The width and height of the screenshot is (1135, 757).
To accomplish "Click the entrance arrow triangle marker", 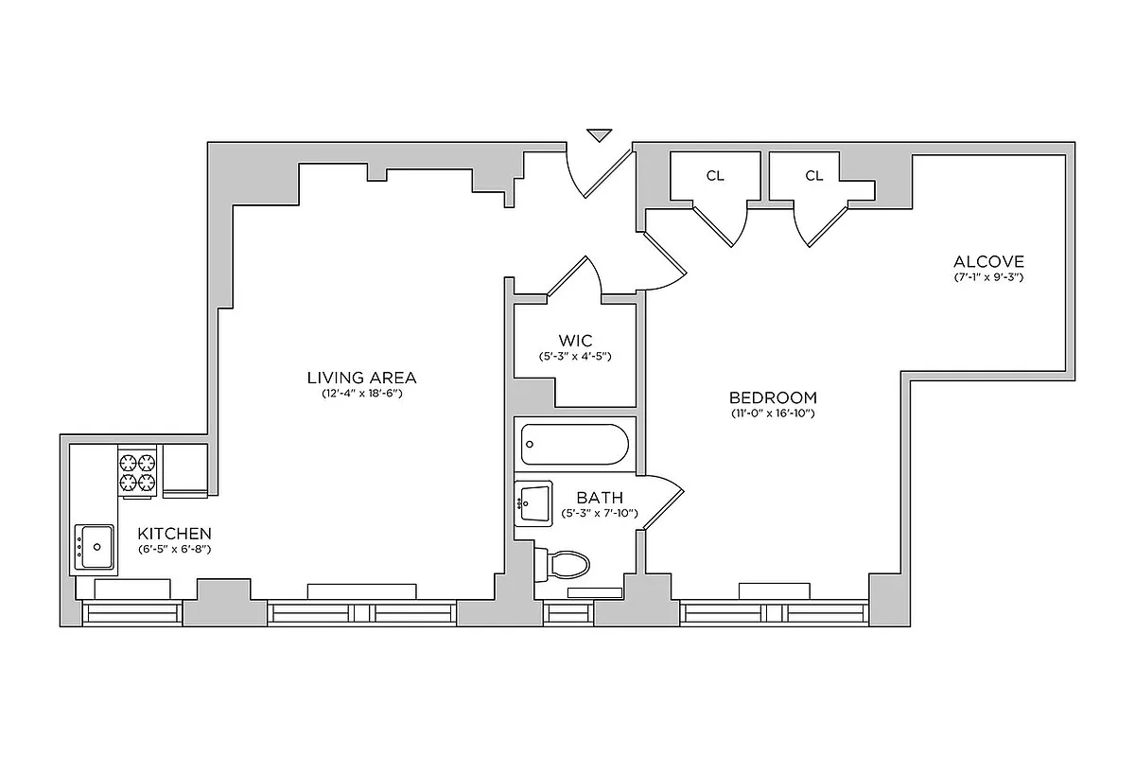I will [x=599, y=135].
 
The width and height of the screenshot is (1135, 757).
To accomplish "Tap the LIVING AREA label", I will [x=361, y=378].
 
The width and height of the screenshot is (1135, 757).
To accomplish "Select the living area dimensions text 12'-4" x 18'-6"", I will [x=361, y=394].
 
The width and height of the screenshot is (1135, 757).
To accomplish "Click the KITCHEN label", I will [x=174, y=534].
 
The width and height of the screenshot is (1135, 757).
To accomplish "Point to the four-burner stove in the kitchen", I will [x=136, y=472].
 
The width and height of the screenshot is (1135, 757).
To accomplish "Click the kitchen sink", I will [x=95, y=548].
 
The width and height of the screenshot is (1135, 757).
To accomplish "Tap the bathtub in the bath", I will [x=574, y=444].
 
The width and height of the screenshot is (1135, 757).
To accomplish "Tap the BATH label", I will [x=600, y=497].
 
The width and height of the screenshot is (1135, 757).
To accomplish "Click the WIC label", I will [x=574, y=340].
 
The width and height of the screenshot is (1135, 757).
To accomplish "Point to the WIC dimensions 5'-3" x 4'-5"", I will [x=574, y=356].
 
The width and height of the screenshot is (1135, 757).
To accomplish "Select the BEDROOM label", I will [x=773, y=397].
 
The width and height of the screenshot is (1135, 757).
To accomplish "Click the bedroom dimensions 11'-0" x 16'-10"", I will [x=773, y=414].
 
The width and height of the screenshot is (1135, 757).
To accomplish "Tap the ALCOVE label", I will [x=988, y=261].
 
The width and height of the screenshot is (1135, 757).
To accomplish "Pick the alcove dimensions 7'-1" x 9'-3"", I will [x=988, y=277].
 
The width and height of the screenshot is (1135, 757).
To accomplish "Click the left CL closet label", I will [x=715, y=176].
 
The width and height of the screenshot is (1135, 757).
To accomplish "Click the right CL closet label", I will [x=814, y=176].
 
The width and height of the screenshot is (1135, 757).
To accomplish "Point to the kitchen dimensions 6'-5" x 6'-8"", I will [x=174, y=549].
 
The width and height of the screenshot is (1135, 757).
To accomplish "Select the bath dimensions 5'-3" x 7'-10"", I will [x=600, y=513].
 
